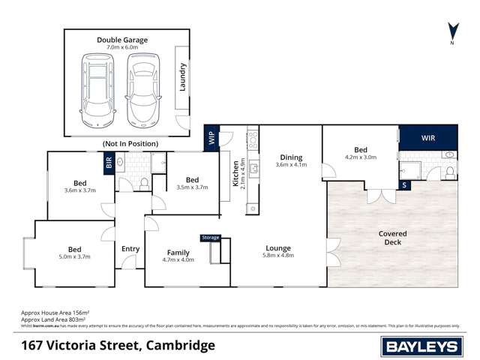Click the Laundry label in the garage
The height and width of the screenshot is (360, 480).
tap(182, 77)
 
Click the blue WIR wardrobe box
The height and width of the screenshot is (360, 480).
tap(427, 138)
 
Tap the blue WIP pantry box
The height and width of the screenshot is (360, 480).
tap(211, 138)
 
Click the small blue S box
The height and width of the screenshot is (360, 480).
tap(405, 184)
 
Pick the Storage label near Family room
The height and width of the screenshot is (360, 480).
tap(211, 238)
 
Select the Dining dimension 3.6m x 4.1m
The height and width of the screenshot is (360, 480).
tap(291, 164)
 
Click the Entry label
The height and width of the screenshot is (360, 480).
tap(130, 249)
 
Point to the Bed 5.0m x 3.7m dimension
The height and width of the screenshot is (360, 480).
tap(75, 257)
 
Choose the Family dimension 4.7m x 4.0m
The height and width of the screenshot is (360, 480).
tap(178, 260)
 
